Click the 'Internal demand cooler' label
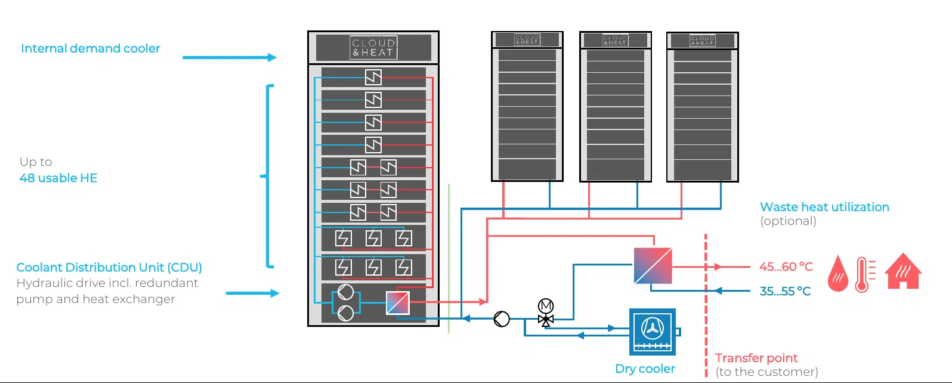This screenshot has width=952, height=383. tap(90, 48)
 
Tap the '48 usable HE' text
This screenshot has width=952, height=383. tap(58, 178)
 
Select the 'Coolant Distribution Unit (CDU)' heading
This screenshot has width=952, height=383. tap(109, 267)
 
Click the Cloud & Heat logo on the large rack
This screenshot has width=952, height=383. tap(373, 48)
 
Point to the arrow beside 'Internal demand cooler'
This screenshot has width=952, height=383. tap(229, 57)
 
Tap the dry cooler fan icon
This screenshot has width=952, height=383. tap(653, 328)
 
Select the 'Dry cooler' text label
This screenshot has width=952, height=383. tap(645, 369)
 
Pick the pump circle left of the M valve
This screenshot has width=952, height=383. tap(502, 319)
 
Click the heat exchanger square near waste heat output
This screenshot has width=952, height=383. tap(653, 266)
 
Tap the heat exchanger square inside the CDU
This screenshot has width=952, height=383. tap(398, 302)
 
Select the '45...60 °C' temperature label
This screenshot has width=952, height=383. tap(786, 267)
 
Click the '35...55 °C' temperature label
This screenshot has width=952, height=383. tap(785, 291)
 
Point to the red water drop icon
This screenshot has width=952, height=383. tap(838, 274)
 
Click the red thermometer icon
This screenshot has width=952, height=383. tap(863, 274)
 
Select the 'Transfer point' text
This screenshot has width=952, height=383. tap(756, 358)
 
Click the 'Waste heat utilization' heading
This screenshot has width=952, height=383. tap(824, 207)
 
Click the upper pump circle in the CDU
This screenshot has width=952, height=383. tap(345, 292)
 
